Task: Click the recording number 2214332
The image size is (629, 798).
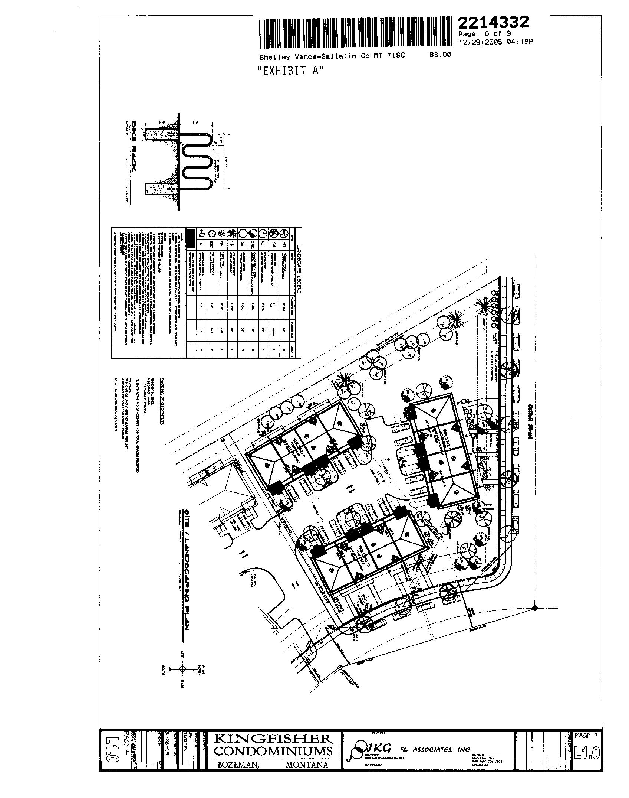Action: coord(493,23)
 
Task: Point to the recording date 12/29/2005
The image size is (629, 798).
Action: coord(480,42)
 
